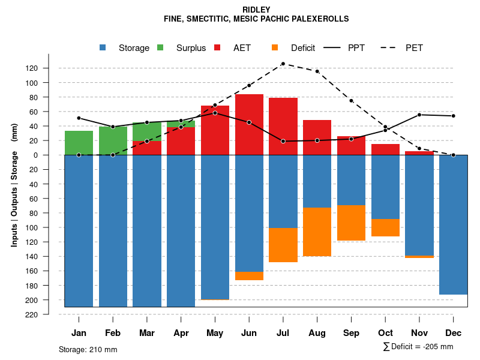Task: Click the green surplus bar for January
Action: tap(79, 143)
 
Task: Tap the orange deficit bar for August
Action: tap(317, 232)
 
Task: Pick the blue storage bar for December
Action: tap(453, 224)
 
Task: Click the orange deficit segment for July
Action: tap(283, 245)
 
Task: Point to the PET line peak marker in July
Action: tap(283, 64)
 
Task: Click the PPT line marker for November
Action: tap(419, 115)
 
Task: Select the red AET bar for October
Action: tap(385, 149)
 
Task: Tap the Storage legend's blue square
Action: tap(103, 47)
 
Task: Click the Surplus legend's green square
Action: tap(160, 47)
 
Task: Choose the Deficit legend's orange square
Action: tap(275, 47)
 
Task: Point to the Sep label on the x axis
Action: tap(351, 333)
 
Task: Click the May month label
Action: tap(215, 333)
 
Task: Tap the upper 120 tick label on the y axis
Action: tap(49, 68)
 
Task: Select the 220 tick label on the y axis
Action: tap(49, 314)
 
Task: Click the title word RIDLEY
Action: tap(256, 10)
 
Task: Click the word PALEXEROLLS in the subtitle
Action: tap(319, 19)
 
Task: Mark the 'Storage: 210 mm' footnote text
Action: tap(88, 349)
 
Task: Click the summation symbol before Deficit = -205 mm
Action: tap(386, 347)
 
